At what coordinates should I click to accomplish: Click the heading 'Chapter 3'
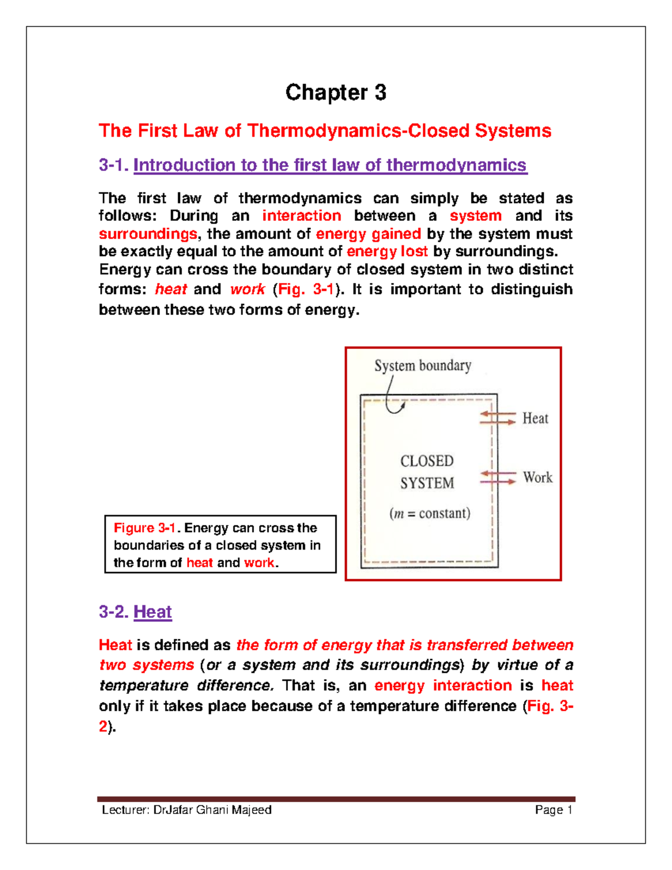coord(335,92)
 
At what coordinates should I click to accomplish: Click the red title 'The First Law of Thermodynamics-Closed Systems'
coord(325,131)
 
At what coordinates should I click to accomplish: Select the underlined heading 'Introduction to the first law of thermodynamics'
coord(330,165)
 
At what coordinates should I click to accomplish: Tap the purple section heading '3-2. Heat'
coord(135,611)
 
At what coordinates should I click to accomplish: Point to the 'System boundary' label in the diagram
coord(423,366)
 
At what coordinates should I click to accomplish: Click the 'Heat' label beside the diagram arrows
coord(535,418)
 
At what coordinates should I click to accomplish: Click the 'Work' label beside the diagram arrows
coord(537,477)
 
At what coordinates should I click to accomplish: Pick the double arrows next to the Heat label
coord(498,418)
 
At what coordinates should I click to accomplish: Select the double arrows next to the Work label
coord(498,477)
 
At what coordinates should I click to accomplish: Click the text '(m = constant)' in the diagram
coord(430,513)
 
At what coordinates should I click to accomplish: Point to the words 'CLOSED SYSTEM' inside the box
coord(427,472)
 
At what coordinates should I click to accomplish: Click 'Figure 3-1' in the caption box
coord(145,528)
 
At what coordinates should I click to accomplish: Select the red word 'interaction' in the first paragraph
coord(301,216)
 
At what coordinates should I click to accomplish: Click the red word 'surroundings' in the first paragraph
coord(148,234)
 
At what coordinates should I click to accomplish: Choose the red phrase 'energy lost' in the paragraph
coord(387,252)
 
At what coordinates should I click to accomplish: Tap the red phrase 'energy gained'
coord(368,234)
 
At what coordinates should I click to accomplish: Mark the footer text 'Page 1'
coord(553,810)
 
